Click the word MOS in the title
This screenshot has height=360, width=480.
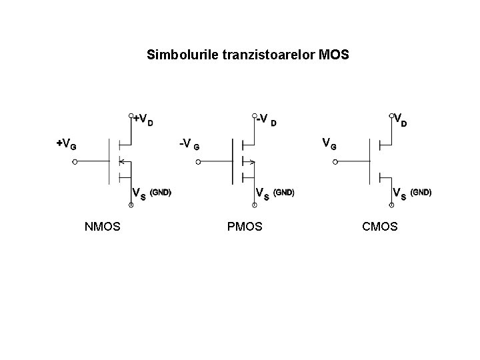coord(334,54)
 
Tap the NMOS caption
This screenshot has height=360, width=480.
coord(103,227)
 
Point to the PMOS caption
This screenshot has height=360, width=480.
coord(245,227)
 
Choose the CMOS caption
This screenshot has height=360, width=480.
coord(380,227)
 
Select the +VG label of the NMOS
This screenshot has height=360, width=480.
coord(65,143)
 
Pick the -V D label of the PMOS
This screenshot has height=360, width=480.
coord(266,121)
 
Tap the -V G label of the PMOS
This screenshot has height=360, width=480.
coord(190,144)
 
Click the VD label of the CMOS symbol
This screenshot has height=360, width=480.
coord(401,120)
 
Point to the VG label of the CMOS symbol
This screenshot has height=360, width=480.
coord(329,143)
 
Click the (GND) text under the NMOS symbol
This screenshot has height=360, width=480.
coord(161,193)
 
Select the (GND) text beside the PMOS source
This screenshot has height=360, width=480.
coord(283,193)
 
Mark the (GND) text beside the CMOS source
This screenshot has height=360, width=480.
coord(421,192)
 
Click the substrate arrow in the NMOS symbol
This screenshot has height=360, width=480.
coord(121,161)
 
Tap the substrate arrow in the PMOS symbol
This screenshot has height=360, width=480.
coord(251,161)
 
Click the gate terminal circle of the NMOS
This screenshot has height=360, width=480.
coord(75,161)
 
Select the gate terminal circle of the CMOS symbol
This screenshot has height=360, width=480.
coord(337,161)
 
